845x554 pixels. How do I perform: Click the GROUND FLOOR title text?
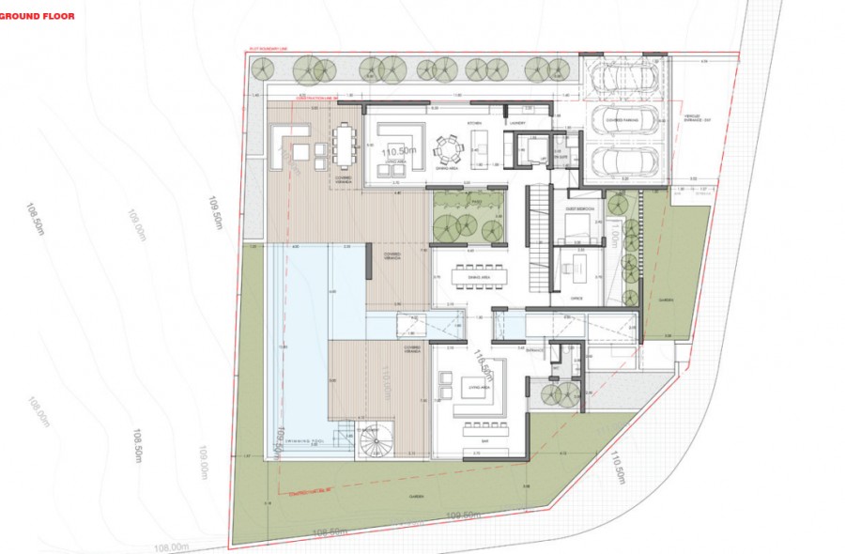pos(43,15)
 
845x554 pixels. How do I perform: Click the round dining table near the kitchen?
pos(448,149)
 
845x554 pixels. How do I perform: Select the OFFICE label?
pos(576,298)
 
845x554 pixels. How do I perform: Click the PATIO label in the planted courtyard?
pos(475,201)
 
